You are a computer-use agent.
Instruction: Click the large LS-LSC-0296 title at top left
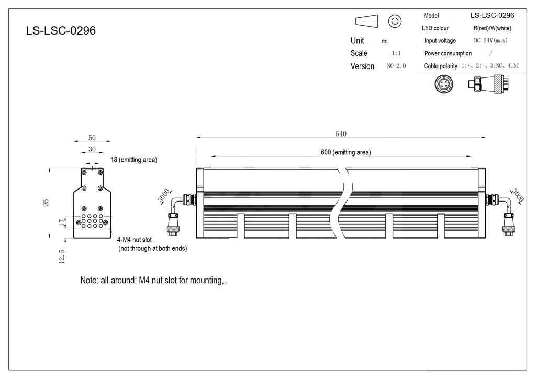61,31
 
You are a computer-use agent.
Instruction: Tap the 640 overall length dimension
341,134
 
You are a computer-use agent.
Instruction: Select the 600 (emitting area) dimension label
345,152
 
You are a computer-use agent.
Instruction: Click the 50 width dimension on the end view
92,138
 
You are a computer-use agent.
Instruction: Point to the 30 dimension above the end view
92,149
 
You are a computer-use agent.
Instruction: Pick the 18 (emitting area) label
133,160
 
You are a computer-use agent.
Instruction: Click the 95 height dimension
46,203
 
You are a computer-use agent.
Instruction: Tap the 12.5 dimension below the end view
62,257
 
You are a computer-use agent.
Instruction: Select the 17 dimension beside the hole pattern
62,223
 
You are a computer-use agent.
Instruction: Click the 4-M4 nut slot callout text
152,244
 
